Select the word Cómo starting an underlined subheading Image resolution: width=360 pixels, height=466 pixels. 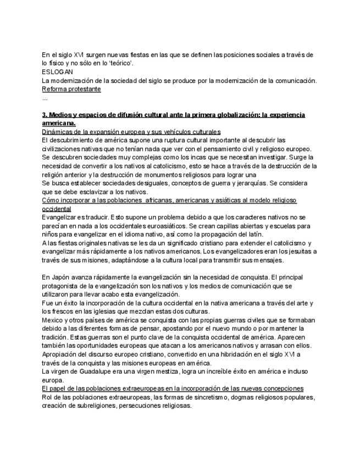[52, 200]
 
